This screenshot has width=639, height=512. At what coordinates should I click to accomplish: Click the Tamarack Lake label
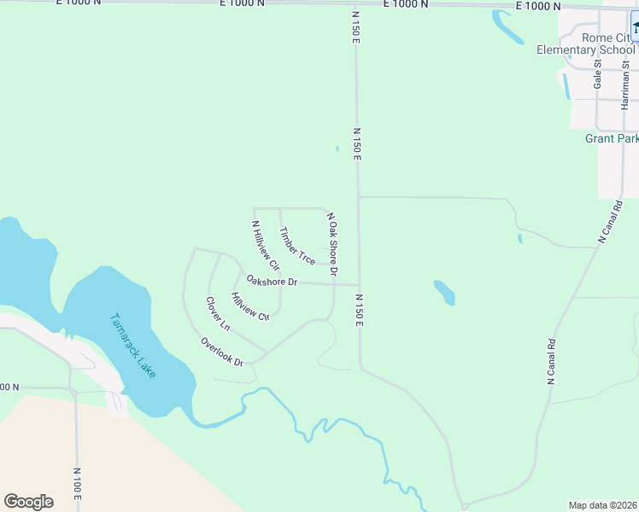tap(133, 346)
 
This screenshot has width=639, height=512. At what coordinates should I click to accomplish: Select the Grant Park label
tap(611, 138)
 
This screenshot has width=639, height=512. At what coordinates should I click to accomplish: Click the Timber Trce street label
tap(297, 245)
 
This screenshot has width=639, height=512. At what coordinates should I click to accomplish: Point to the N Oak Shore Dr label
tap(331, 244)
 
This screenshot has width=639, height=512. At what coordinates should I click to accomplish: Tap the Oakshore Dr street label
tap(271, 280)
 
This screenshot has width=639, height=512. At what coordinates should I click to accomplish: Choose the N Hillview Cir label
tap(265, 246)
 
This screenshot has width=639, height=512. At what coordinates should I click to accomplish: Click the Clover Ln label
tap(218, 314)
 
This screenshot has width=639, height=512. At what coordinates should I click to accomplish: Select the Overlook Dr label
tap(222, 352)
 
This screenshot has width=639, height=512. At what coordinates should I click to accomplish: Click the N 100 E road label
tap(77, 483)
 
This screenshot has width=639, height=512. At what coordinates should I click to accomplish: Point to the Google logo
tap(28, 502)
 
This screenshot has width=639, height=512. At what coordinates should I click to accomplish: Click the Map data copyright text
tap(602, 505)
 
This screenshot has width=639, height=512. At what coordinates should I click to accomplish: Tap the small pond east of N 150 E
tap(444, 292)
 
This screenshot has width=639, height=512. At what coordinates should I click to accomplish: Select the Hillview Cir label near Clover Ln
tap(250, 306)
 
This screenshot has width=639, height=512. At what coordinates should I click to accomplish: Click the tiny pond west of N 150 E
tap(337, 149)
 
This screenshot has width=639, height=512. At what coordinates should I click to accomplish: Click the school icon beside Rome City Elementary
tap(636, 29)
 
